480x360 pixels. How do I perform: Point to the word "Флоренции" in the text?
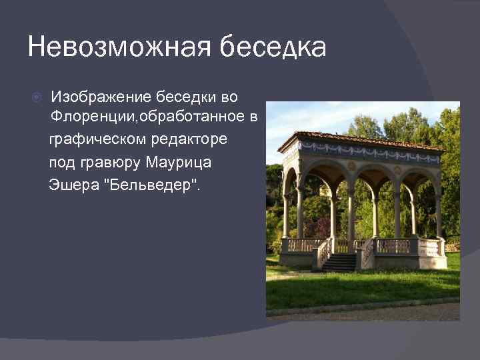88,119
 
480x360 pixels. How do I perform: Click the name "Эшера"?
69,183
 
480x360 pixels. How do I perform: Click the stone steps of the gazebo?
340,263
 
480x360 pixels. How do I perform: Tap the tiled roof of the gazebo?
360,139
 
